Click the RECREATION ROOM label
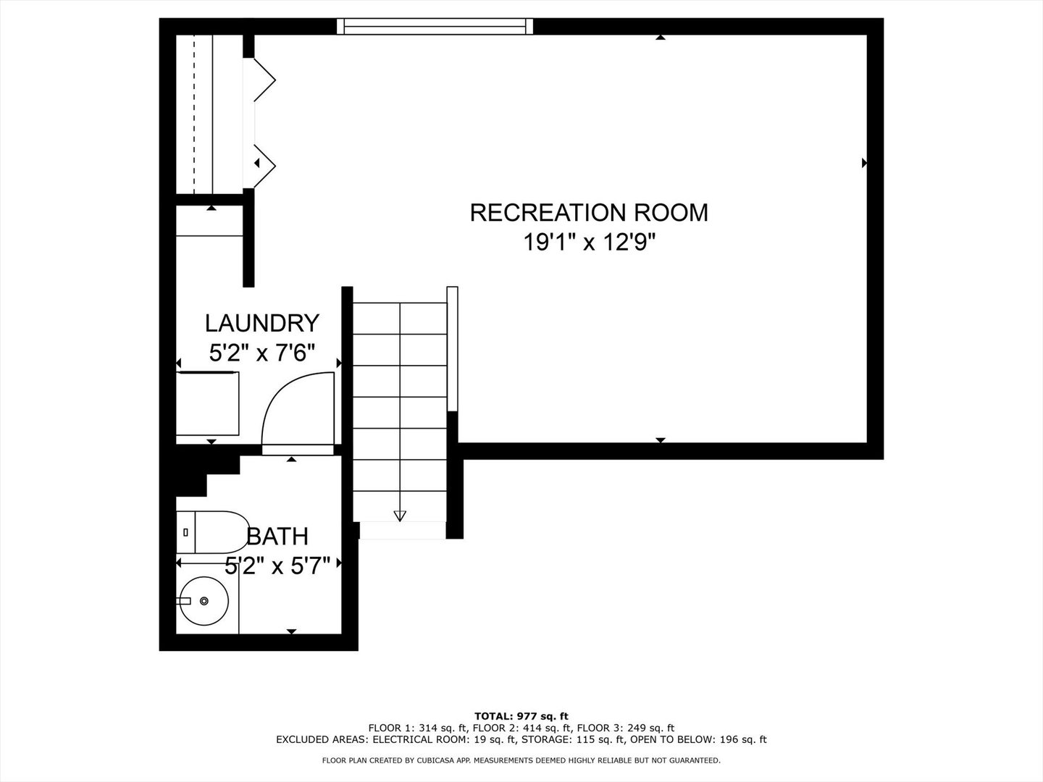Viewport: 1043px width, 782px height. coord(589,212)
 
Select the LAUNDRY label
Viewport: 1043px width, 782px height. coord(261,322)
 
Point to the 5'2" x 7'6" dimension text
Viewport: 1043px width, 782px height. coord(261,353)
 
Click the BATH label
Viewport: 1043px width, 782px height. coord(277,537)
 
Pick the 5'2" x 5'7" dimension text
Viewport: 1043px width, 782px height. coord(277,566)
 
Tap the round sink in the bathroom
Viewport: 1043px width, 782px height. coord(204,600)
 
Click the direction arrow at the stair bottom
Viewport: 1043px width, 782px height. coord(400,516)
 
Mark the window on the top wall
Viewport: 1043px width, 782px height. coord(435,27)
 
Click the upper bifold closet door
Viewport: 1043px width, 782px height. coord(262,80)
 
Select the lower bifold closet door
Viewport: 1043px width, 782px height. coord(263,164)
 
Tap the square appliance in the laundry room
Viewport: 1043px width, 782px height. coord(208,403)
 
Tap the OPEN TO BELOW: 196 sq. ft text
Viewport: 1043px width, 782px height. coord(698,739)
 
